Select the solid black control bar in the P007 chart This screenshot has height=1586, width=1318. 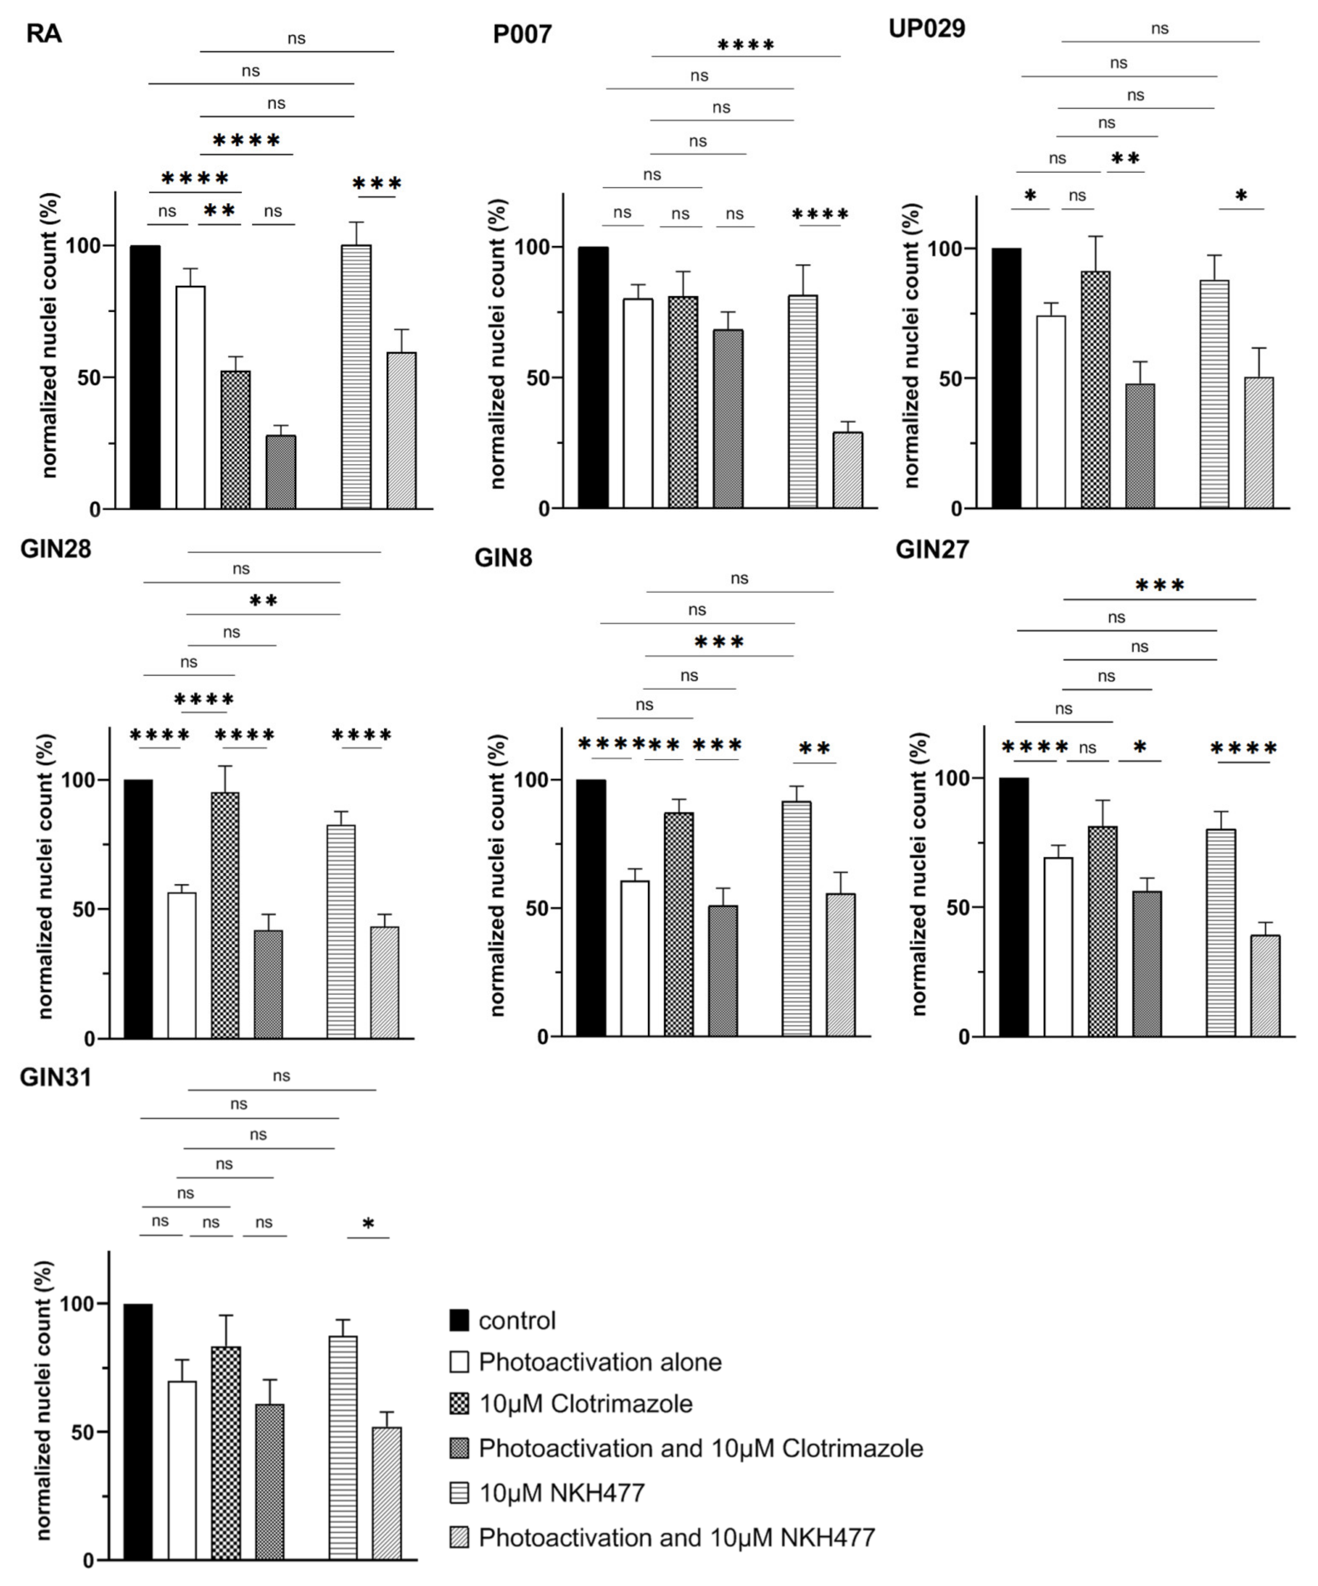[x=593, y=377]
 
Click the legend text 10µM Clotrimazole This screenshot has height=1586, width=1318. [x=585, y=1404]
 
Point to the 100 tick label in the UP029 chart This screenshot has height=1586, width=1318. [x=946, y=249]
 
